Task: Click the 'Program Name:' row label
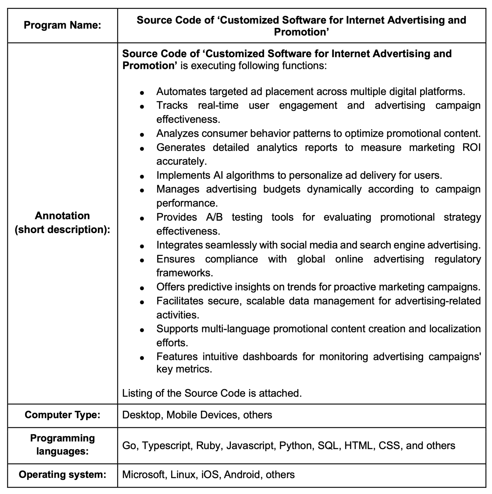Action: pyautogui.click(x=62, y=25)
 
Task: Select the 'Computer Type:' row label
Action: pyautogui.click(x=62, y=415)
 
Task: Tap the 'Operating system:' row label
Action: pyautogui.click(x=62, y=474)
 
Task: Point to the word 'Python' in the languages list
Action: pyautogui.click(x=295, y=445)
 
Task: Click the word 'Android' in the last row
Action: pyautogui.click(x=241, y=474)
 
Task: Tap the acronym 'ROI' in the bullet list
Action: pyautogui.click(x=471, y=147)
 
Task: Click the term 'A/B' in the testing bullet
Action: pyautogui.click(x=214, y=217)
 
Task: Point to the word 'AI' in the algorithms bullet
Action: pyautogui.click(x=216, y=175)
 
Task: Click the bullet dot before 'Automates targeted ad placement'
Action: pyautogui.click(x=142, y=93)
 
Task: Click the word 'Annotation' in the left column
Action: pyautogui.click(x=62, y=216)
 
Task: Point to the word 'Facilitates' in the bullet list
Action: pyautogui.click(x=180, y=301)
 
